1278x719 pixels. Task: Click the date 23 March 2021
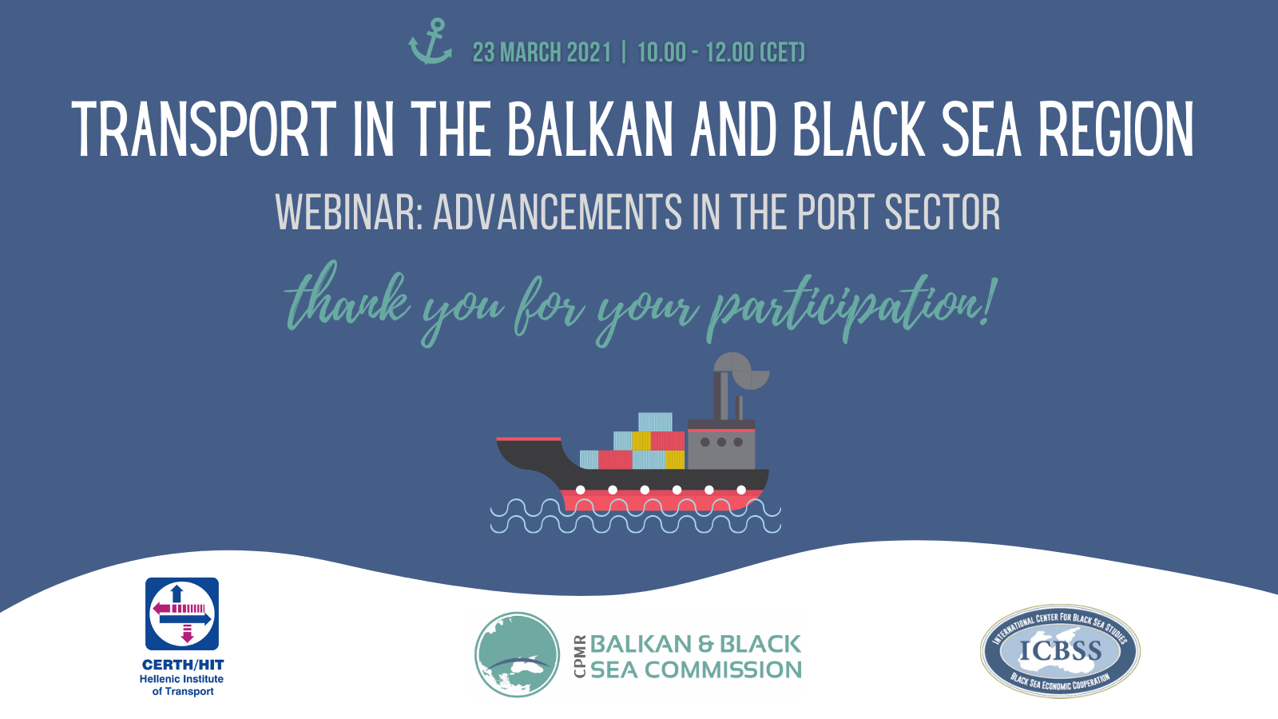[542, 53]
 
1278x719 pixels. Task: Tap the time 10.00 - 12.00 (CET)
[721, 53]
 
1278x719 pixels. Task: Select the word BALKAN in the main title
[590, 129]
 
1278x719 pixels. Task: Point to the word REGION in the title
[1116, 129]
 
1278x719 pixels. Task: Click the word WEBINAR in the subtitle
[348, 213]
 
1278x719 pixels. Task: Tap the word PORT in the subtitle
[834, 213]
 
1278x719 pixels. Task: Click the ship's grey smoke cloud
[742, 371]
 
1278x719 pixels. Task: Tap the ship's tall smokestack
[720, 396]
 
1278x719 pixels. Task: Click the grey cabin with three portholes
[721, 444]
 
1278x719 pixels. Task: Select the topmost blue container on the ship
[655, 422]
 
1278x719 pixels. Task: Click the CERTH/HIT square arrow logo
[182, 614]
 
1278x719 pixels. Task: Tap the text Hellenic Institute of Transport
[182, 685]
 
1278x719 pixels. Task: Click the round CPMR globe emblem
[517, 655]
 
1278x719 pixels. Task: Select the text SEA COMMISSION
[696, 670]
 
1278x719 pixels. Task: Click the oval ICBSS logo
[1060, 651]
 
